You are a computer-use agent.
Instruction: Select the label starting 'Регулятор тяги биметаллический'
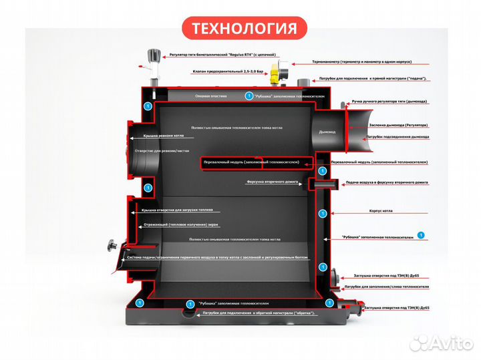pyautogui.click(x=222, y=54)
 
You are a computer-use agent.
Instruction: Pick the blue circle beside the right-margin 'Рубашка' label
pyautogui.click(x=420, y=235)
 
